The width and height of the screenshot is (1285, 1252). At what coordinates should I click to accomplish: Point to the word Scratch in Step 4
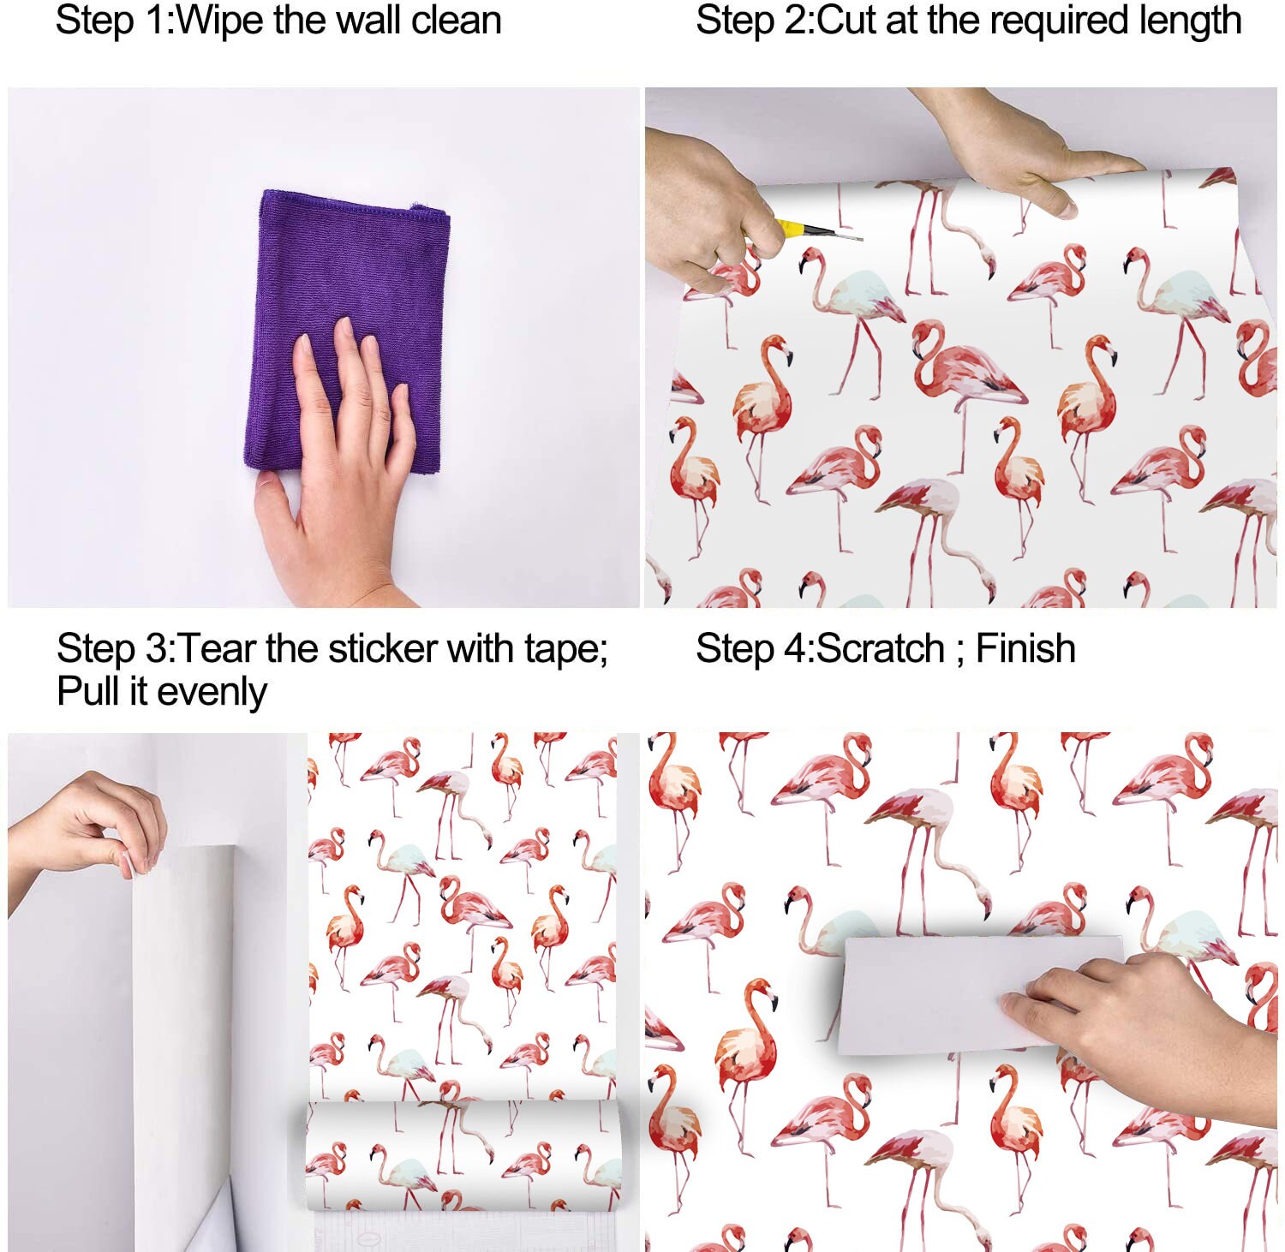pos(880,648)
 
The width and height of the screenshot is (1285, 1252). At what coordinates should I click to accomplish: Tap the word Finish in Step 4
pos(1025,648)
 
